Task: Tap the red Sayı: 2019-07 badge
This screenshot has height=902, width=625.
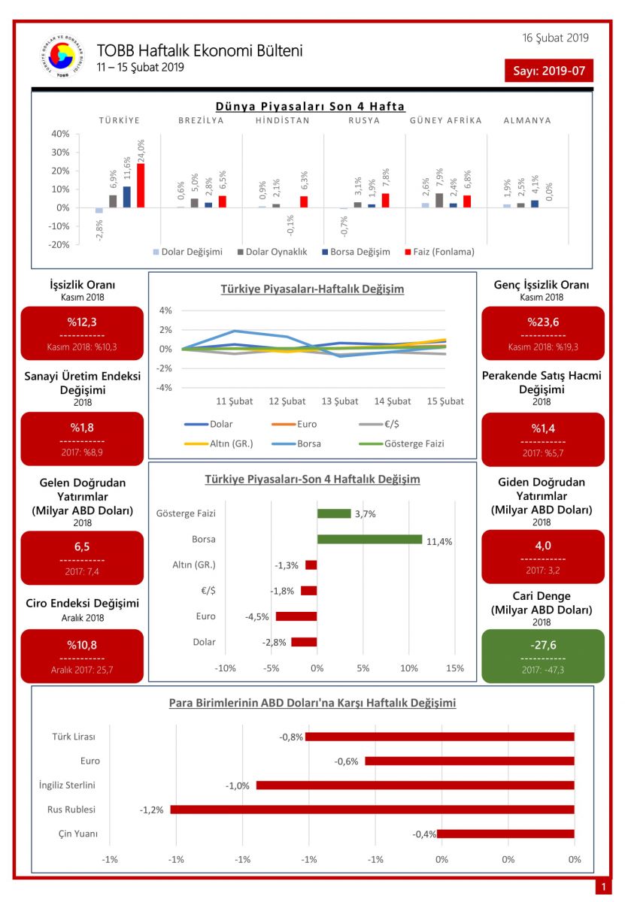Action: click(x=549, y=71)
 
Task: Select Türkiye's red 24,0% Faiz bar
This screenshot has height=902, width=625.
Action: click(x=141, y=185)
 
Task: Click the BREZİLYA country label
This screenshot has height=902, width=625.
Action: click(x=201, y=120)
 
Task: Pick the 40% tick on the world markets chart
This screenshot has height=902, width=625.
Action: click(x=59, y=134)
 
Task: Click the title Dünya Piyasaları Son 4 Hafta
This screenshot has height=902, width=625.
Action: click(x=310, y=107)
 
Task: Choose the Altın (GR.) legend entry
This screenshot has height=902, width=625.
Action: click(x=231, y=443)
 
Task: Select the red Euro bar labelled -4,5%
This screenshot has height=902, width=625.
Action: click(x=296, y=616)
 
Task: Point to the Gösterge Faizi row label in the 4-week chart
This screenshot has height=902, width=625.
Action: click(x=186, y=513)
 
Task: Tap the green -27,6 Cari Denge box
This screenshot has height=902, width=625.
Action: click(x=542, y=655)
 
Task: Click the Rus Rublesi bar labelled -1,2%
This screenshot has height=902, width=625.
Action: click(x=372, y=810)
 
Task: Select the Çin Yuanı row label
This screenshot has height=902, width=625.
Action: click(x=78, y=834)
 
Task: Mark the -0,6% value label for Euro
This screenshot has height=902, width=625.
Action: click(x=347, y=761)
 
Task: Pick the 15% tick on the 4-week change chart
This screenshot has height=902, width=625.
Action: click(x=454, y=668)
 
